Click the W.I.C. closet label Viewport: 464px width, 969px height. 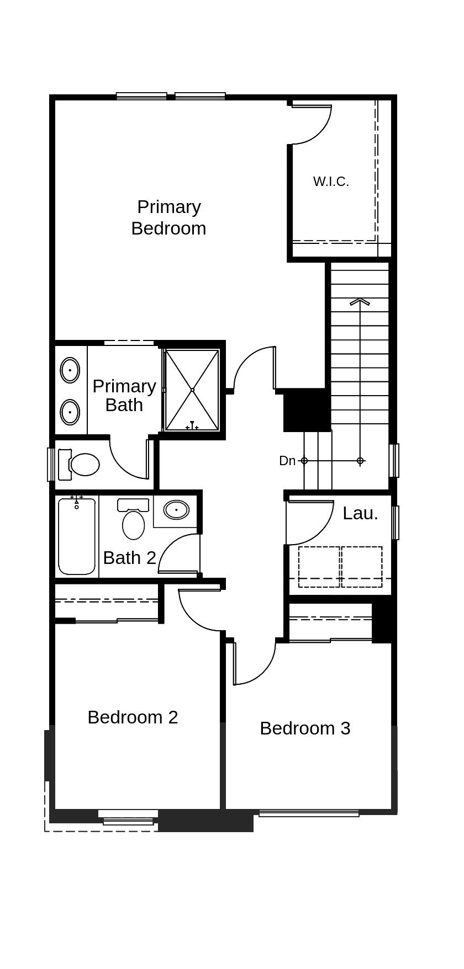(331, 182)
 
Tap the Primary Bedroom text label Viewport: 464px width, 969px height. (168, 217)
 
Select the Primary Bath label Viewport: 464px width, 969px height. (124, 396)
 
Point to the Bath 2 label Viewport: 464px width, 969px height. (129, 558)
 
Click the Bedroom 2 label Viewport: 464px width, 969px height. (133, 717)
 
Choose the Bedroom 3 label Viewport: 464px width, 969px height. (305, 728)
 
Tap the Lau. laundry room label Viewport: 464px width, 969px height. (360, 513)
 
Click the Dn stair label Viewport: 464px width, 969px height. (287, 461)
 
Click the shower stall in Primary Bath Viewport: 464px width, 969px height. (192, 390)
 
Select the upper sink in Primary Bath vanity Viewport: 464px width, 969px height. (70, 370)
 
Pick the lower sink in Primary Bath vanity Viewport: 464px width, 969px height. (70, 412)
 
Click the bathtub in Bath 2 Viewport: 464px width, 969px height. (77, 537)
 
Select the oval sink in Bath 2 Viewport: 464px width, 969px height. (176, 510)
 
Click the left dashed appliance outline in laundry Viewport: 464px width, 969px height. (319, 567)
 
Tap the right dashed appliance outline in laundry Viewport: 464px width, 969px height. (362, 567)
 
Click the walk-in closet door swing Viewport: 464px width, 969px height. (313, 124)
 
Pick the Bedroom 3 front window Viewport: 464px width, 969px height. (309, 813)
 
